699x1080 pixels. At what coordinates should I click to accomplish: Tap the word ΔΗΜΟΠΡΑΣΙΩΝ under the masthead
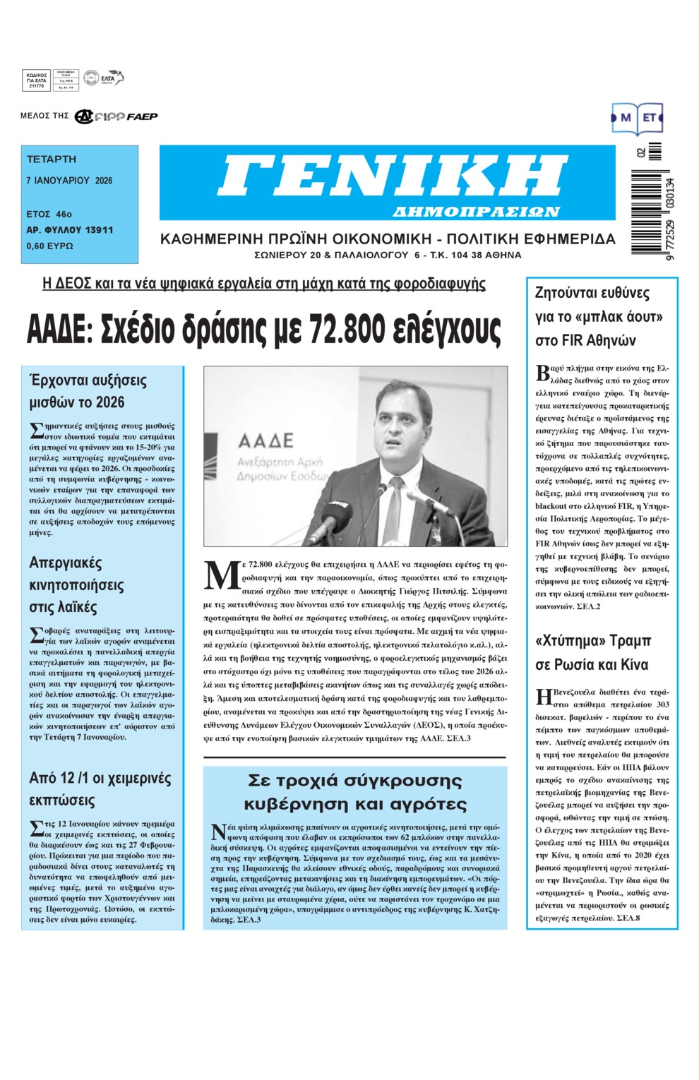tap(476, 212)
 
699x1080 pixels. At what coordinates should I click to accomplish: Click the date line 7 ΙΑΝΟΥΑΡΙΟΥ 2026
tap(69, 181)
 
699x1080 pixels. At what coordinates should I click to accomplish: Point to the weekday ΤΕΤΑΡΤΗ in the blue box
tap(52, 160)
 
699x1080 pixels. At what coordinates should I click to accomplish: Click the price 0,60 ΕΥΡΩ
tap(49, 246)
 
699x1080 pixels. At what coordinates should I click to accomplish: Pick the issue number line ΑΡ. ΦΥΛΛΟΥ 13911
tap(69, 230)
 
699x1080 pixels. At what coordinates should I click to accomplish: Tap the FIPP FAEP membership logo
tap(116, 116)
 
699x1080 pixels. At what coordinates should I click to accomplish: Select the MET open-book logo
tap(637, 119)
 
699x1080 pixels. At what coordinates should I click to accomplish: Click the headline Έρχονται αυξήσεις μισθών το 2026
tap(88, 391)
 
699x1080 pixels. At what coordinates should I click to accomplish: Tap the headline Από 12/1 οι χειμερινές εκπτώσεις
tap(100, 788)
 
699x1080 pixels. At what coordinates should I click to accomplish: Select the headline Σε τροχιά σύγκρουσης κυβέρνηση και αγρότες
tap(355, 792)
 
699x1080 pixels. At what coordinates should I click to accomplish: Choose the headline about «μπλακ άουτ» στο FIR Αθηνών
tap(592, 316)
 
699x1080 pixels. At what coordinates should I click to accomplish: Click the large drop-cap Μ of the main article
tap(222, 575)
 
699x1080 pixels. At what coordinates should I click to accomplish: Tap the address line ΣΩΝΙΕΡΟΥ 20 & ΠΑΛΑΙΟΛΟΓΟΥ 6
tap(388, 256)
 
